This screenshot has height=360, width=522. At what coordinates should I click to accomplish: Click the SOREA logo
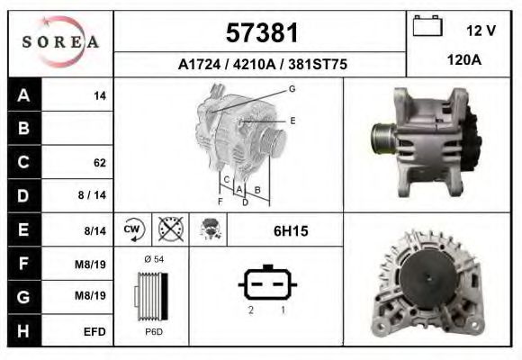tap(60, 42)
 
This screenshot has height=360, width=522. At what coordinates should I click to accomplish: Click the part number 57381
tap(260, 33)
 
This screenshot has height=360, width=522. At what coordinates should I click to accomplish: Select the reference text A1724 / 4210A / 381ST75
tap(261, 65)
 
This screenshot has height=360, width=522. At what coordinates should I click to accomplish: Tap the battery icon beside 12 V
tap(427, 27)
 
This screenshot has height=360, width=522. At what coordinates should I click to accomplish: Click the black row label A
tap(24, 95)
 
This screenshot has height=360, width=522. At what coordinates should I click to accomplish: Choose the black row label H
tap(24, 331)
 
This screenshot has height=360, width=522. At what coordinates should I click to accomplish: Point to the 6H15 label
tap(291, 231)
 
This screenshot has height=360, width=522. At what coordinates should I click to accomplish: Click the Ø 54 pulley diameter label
tap(153, 260)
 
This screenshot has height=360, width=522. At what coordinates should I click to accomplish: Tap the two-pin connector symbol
tap(267, 284)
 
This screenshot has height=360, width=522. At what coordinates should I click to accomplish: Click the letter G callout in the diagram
tap(292, 88)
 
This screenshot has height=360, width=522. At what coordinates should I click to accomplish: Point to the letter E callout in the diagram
tap(292, 120)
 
